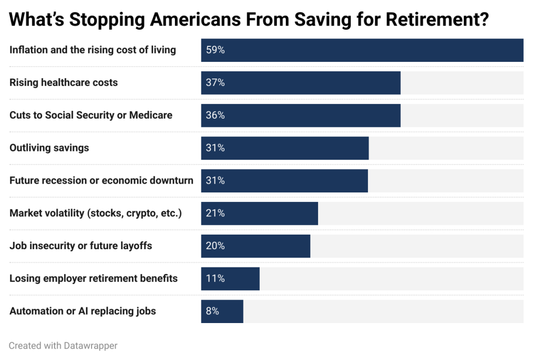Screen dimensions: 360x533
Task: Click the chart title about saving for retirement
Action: (x=249, y=19)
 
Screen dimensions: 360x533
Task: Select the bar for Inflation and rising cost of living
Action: (x=362, y=50)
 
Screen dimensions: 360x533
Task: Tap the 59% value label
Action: (x=215, y=50)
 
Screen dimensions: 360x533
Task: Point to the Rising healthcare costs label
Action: (x=64, y=83)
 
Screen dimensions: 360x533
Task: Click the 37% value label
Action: (x=215, y=83)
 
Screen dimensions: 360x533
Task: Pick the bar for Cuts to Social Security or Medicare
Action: (x=301, y=115)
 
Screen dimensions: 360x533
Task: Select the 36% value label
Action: (x=215, y=115)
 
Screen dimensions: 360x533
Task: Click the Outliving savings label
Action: (x=49, y=148)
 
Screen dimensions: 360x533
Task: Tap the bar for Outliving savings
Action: (x=285, y=148)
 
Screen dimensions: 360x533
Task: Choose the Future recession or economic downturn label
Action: (x=101, y=181)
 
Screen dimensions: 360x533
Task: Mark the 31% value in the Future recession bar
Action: (x=215, y=181)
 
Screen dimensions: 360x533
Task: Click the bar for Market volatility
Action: (x=259, y=213)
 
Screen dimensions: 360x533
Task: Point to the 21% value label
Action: (x=215, y=213)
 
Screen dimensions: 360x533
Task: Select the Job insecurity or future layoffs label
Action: (x=81, y=246)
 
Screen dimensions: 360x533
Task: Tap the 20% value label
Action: (x=215, y=246)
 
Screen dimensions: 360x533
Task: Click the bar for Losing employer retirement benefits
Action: (x=230, y=279)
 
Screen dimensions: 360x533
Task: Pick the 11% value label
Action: (x=215, y=279)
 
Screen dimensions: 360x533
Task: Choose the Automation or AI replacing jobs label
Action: (x=83, y=311)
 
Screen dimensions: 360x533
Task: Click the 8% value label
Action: (x=212, y=311)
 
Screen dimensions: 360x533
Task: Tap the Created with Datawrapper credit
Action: (x=63, y=345)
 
